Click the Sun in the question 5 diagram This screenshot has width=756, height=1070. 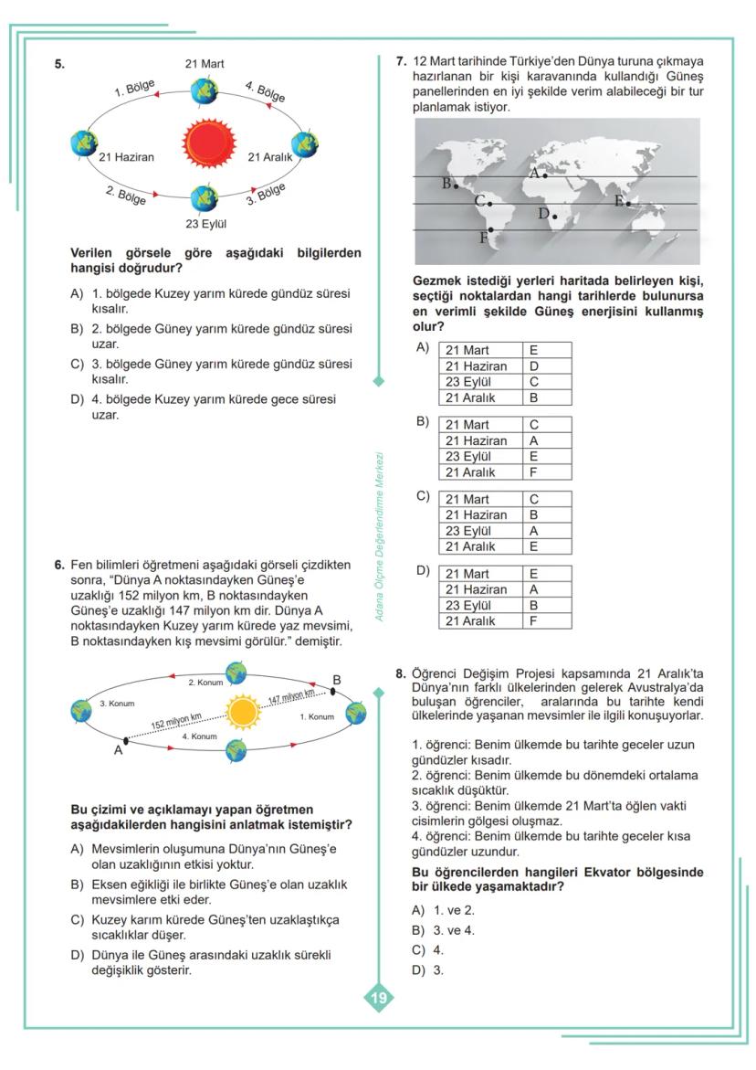[x=208, y=144]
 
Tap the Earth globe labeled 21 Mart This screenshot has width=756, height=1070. [x=205, y=90]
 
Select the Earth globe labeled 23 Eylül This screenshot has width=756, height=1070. [x=205, y=196]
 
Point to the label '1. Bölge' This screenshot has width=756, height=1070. [x=134, y=90]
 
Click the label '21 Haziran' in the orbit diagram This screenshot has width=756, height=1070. [x=127, y=156]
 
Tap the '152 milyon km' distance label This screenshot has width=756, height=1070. [x=177, y=723]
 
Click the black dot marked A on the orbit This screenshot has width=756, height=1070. [x=125, y=738]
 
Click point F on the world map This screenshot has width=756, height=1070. [x=491, y=230]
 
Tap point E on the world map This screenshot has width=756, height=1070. [x=628, y=203]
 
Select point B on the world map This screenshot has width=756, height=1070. [x=456, y=186]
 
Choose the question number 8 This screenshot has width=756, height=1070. [x=400, y=674]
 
